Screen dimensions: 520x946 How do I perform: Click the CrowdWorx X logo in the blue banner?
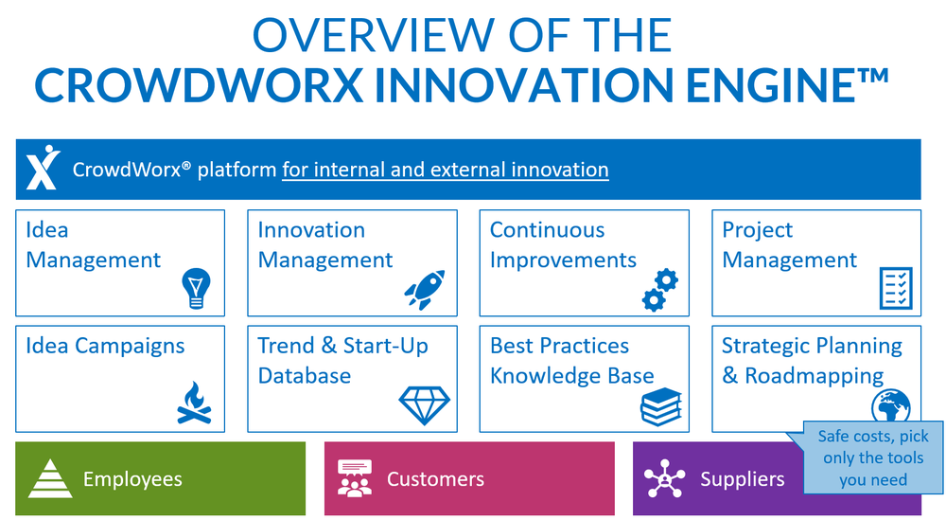coord(43,170)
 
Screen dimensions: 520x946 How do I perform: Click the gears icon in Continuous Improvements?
coord(659,289)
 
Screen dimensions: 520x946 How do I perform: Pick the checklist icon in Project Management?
coord(895,288)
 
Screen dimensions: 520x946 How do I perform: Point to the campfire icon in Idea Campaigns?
coord(194,403)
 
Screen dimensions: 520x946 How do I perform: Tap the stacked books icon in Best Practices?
coord(659,405)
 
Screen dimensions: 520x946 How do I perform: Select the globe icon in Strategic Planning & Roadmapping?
coord(889,404)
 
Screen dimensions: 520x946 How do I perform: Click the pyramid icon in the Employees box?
coord(50,478)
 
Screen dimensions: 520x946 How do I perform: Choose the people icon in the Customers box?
coord(355,478)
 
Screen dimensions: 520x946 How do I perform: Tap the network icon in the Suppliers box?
coord(664,478)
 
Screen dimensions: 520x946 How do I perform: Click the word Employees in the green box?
coord(132,479)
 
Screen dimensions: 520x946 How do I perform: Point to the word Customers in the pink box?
coord(435,479)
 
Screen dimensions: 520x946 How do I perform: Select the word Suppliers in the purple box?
coord(742,479)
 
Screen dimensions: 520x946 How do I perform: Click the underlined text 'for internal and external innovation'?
coord(445,170)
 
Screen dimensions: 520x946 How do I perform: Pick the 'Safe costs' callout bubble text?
coord(872,458)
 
